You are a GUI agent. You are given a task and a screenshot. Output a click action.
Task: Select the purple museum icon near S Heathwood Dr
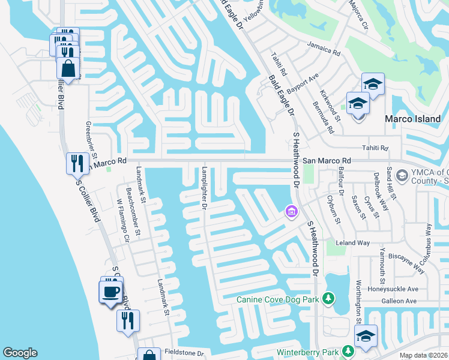pyautogui.click(x=291, y=211)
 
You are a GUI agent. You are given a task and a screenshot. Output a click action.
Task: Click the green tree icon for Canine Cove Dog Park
pyautogui.click(x=328, y=298)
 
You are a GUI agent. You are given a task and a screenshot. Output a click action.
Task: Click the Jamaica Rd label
pyautogui.click(x=323, y=49)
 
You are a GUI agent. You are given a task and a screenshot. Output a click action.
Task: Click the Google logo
pyautogui.click(x=20, y=353)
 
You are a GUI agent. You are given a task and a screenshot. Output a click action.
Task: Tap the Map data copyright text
pyautogui.click(x=423, y=355)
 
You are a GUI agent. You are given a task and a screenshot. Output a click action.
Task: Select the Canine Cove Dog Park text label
pyautogui.click(x=277, y=299)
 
